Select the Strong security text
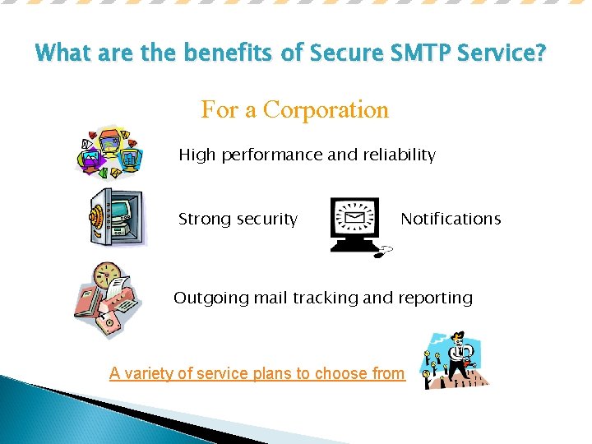238,219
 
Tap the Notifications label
451,219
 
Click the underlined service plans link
257,373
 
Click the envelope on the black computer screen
354,219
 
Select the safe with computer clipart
118,216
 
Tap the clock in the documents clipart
106,275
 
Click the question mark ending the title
539,54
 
